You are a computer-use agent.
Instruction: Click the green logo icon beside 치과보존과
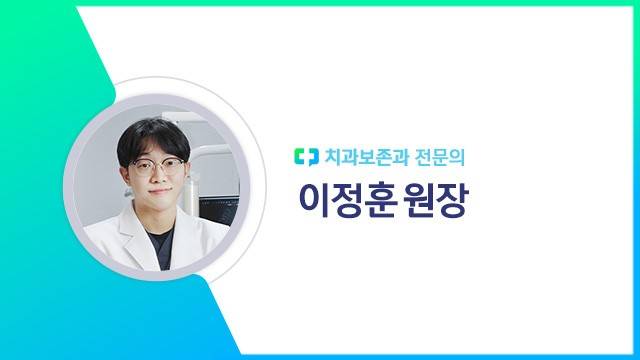(x=306, y=157)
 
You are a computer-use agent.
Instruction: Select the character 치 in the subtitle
(x=332, y=157)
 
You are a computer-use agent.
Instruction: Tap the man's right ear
(x=124, y=172)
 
